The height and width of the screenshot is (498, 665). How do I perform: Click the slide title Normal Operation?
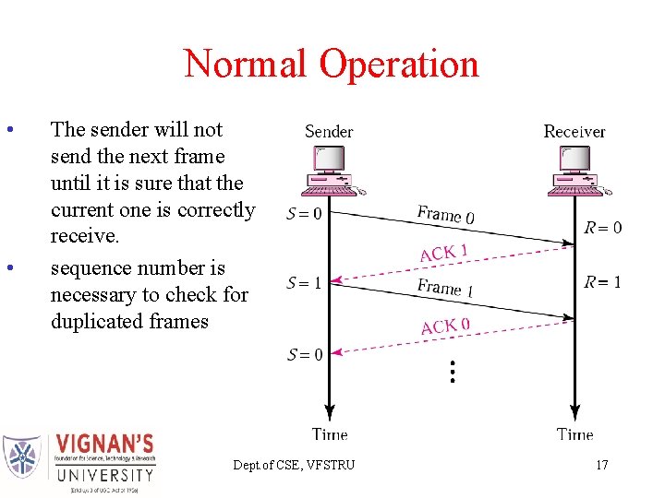click(x=332, y=64)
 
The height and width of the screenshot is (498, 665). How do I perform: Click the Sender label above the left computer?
click(x=329, y=131)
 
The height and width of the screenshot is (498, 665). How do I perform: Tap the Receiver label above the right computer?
click(x=574, y=131)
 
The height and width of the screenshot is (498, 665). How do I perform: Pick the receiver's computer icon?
click(x=575, y=172)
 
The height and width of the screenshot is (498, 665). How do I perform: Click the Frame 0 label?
click(x=446, y=215)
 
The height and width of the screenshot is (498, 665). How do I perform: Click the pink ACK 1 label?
click(x=444, y=252)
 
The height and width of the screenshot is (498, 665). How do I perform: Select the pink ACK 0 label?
click(x=445, y=326)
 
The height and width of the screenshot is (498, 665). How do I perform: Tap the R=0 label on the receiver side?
click(x=603, y=227)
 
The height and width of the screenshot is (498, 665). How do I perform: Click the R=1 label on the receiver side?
click(x=603, y=281)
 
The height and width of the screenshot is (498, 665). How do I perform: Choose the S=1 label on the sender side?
click(x=304, y=283)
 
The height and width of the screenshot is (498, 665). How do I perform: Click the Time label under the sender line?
click(x=330, y=433)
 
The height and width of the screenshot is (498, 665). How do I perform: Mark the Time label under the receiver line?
click(x=575, y=433)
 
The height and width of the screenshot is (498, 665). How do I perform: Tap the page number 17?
click(x=601, y=465)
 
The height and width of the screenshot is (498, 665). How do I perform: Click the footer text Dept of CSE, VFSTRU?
click(x=294, y=465)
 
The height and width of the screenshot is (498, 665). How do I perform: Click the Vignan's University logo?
click(x=79, y=463)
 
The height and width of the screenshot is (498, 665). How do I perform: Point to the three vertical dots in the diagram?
click(x=452, y=372)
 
